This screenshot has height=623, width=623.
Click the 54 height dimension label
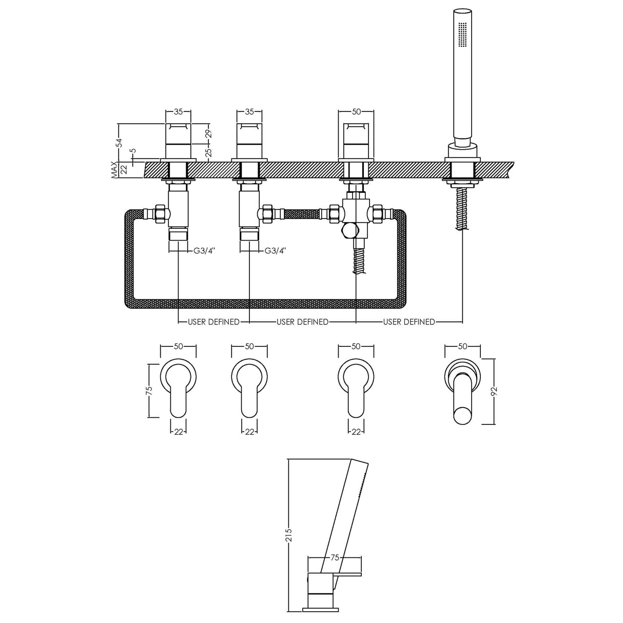coord(119,142)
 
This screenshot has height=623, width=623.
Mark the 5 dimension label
coord(132,152)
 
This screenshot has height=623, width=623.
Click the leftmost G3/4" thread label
coord(204,251)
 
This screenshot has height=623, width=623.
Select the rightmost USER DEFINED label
coord(408,322)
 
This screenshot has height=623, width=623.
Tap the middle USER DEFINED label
coord(302,322)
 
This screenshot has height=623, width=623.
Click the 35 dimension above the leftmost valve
coord(178,111)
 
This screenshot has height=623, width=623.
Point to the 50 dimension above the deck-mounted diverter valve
coord(356,111)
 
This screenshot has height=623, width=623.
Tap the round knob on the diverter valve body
coord(348,230)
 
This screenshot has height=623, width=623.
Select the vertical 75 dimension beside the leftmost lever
coord(149,390)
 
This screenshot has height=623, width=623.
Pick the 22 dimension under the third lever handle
coord(356,432)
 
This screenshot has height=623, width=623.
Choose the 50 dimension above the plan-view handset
coord(462,346)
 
